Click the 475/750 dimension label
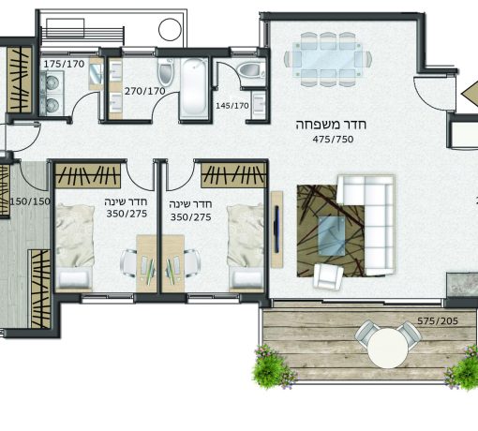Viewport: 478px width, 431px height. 333,140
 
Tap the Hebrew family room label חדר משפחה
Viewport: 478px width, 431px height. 331,125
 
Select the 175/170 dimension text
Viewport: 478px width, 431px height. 64,64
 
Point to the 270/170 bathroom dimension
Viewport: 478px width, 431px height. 145,91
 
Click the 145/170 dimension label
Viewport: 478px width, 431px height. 232,106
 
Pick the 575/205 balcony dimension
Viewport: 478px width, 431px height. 438,320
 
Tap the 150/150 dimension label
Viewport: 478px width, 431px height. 30,201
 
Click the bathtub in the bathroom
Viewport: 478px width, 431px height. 194,88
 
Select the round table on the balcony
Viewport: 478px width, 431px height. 388,348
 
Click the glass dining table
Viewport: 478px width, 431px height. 328,59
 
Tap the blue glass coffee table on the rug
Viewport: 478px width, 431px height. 332,236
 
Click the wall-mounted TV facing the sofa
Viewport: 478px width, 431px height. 276,229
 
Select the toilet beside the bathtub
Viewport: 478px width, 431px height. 166,72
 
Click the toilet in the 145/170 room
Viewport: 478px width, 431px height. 250,70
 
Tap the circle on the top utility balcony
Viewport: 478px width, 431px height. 170,30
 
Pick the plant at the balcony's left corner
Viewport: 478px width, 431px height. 273,367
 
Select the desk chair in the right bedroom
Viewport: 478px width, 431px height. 192,263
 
